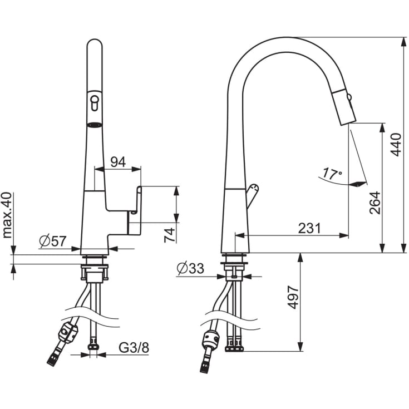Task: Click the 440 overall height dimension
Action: click(396, 145)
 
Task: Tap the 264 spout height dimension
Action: click(375, 203)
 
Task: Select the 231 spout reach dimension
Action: click(309, 228)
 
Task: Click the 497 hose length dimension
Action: click(293, 297)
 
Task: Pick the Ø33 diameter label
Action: click(190, 268)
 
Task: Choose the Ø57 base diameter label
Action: click(53, 241)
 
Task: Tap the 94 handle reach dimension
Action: click(118, 162)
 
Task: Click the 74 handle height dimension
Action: click(170, 235)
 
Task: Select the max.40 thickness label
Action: click(7, 215)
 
